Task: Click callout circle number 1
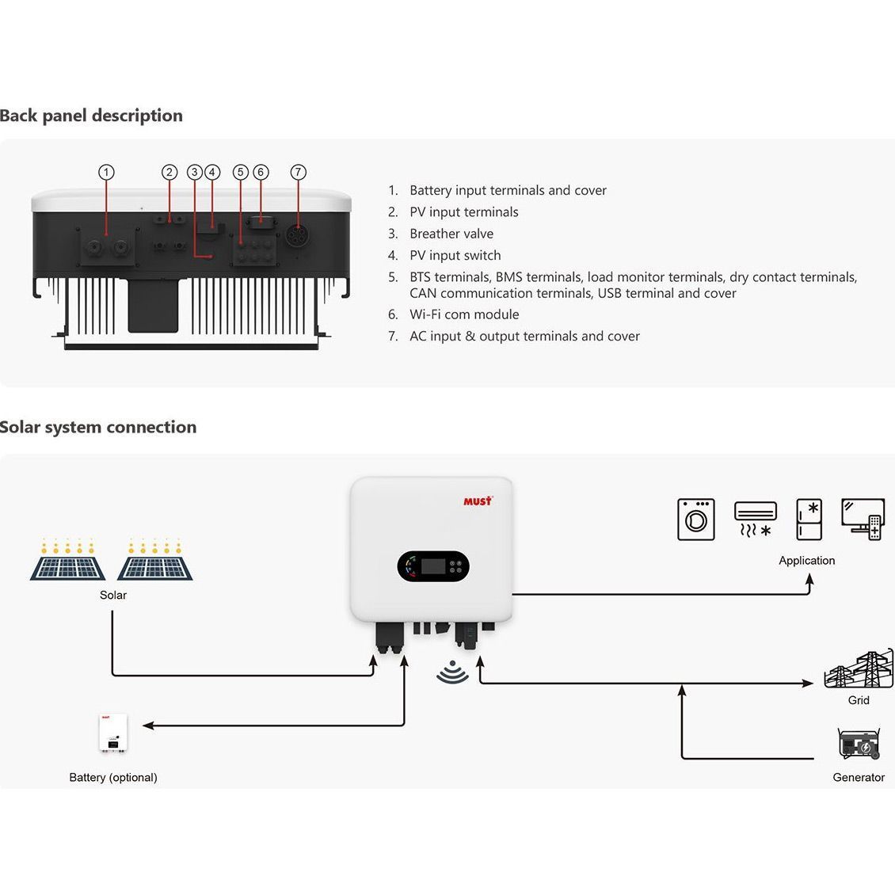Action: click(107, 172)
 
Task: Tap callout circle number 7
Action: click(298, 172)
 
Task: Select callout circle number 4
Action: click(211, 172)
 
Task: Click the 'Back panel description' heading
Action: click(91, 116)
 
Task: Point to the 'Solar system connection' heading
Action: click(98, 427)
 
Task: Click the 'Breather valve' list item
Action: click(451, 234)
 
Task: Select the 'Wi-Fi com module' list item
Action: click(463, 314)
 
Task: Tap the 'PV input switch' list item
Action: click(455, 255)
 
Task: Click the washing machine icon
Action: click(696, 520)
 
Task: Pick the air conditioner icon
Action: click(755, 519)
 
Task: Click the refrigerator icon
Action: click(809, 520)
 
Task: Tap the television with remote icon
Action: click(863, 520)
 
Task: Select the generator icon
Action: click(859, 745)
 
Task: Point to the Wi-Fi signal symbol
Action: click(452, 672)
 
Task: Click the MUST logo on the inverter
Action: click(478, 501)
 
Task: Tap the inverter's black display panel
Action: click(432, 566)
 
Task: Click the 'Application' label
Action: click(806, 561)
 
